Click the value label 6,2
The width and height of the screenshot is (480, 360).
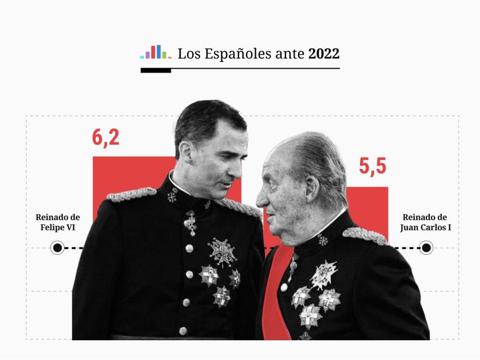click(106, 137)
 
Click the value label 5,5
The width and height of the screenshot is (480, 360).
click(373, 166)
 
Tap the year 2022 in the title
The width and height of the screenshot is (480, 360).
click(324, 54)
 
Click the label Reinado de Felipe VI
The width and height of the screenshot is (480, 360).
click(58, 222)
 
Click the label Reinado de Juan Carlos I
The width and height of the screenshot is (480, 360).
click(425, 222)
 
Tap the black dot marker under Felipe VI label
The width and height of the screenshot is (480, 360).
click(57, 247)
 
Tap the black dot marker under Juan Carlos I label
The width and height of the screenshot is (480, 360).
click(426, 247)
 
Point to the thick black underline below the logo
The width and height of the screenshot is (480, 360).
click(156, 71)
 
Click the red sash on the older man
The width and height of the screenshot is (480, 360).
click(277, 292)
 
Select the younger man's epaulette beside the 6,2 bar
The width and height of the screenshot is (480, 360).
click(131, 194)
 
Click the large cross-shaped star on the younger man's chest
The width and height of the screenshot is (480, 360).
click(222, 252)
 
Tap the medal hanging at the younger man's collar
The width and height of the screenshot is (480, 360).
click(191, 223)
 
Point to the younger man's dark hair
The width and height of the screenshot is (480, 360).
click(208, 115)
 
